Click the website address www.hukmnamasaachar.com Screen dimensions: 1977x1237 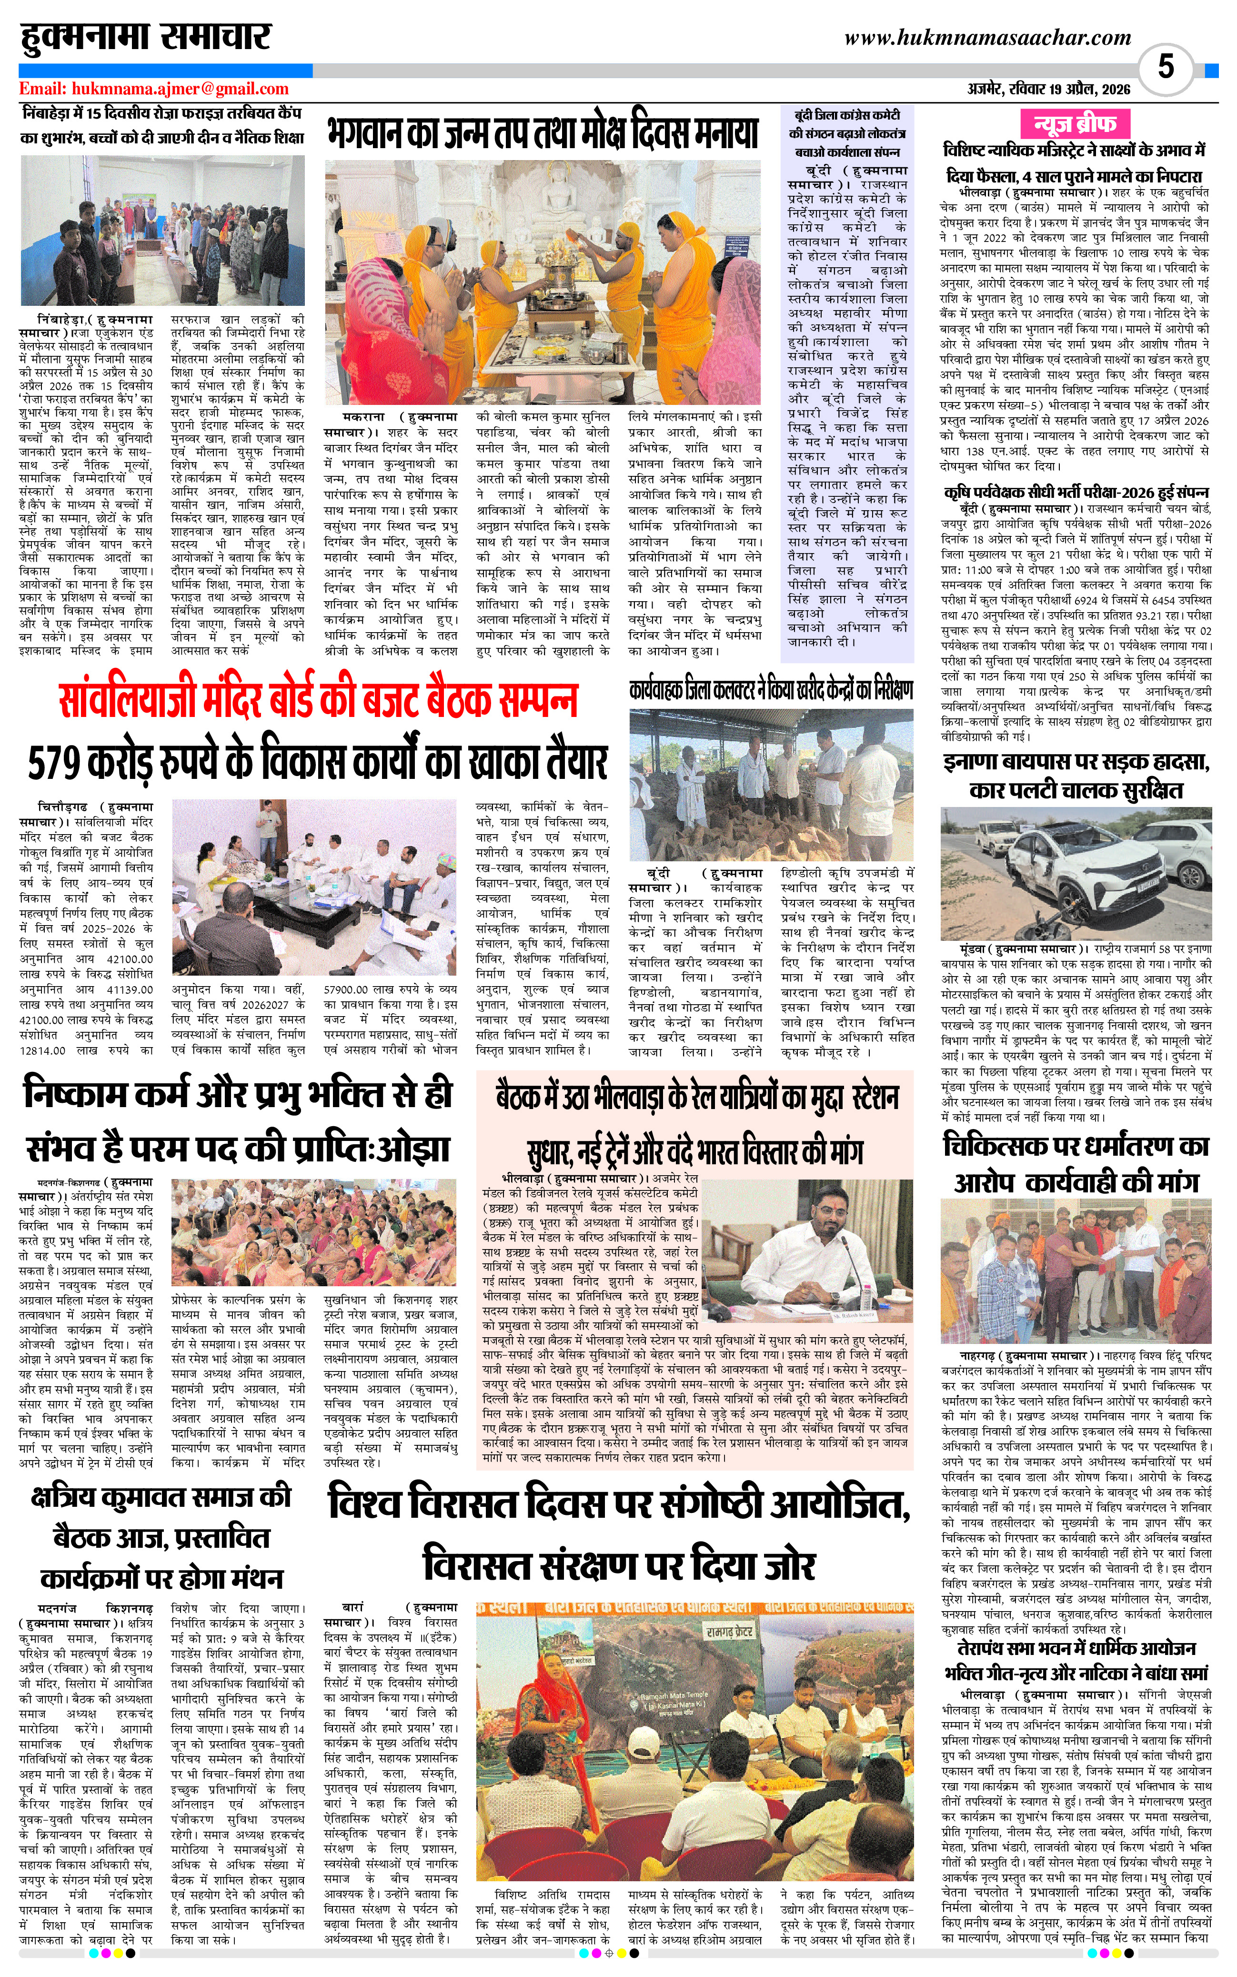pos(987,38)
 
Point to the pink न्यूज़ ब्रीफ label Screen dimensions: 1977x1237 pos(1075,124)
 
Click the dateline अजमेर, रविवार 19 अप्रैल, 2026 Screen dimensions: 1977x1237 pos(1048,89)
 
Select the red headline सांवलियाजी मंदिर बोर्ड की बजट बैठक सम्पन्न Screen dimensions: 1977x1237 pos(319,700)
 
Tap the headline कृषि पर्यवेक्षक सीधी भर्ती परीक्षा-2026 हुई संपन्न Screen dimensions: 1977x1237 pos(1075,492)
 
